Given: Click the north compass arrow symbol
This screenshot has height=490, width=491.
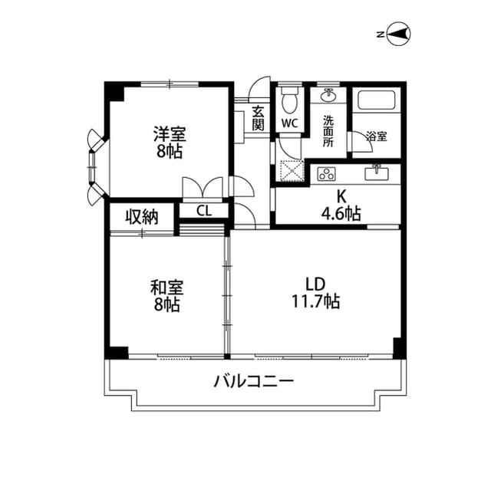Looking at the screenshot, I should pos(398,33).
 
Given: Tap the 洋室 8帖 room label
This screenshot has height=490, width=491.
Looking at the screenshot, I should pos(168,141).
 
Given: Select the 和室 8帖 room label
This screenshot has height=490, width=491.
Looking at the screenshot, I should pos(166,296).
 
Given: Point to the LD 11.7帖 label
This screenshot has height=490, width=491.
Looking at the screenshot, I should pos(315,292).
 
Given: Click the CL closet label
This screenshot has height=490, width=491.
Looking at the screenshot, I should pos(203,211).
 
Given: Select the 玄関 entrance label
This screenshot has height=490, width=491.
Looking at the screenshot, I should pos(259,117).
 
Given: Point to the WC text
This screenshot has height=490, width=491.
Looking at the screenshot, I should pos(289,123).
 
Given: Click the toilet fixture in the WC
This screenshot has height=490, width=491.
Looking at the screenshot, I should pos(289,100).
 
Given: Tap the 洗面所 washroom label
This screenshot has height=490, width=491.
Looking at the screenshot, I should pos(328,131).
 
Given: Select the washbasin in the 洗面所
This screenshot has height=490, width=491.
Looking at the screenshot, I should pos(329,96).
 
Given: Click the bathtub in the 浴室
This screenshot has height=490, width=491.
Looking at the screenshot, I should pos(376,102).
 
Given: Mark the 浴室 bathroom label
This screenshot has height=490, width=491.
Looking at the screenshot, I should pos(377,137).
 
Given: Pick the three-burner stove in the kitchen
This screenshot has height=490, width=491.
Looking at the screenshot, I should pos(326,173).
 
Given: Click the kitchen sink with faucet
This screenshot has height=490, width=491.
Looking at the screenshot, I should pos(376,173).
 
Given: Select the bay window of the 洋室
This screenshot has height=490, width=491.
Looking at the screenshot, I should pos(94,168).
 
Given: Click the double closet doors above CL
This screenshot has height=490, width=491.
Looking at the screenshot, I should pos(203,188).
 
